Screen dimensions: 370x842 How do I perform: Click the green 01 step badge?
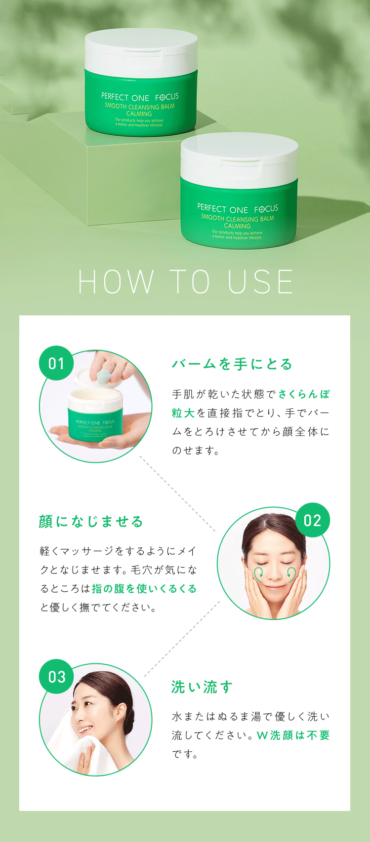[x=56, y=363]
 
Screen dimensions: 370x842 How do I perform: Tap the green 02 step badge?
[x=312, y=520]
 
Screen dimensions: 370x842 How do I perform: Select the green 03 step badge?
[x=56, y=677]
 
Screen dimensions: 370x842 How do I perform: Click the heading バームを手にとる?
[x=232, y=364]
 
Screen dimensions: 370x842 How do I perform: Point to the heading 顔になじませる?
[x=91, y=521]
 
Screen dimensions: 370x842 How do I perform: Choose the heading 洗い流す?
[x=202, y=687]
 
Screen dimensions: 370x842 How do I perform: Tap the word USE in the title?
[x=260, y=281]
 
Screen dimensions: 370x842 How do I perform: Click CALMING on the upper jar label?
[x=139, y=114]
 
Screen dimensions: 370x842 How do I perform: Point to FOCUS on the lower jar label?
[x=266, y=209]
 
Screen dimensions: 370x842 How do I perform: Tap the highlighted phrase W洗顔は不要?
[x=293, y=735]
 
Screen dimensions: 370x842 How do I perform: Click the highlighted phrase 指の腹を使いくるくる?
[x=144, y=588]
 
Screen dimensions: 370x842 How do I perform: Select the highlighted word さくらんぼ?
[x=304, y=394]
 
